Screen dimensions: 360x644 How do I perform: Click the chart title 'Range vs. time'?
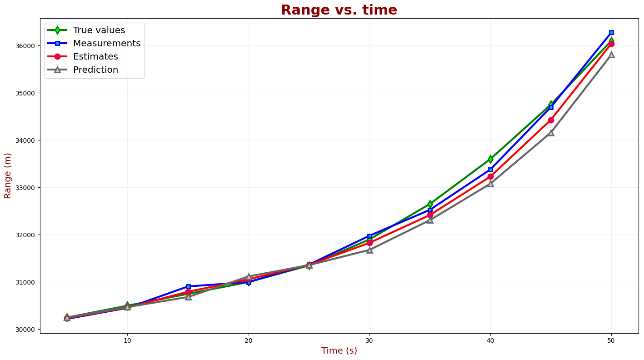point(339,10)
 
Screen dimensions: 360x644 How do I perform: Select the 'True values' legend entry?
point(99,30)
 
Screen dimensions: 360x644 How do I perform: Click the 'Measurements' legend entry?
point(106,44)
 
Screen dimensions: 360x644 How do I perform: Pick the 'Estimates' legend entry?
point(95,57)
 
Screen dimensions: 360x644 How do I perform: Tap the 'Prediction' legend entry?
point(95,70)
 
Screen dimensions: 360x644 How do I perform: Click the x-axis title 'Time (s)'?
point(339,351)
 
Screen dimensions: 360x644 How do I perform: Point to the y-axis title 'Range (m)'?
point(8,175)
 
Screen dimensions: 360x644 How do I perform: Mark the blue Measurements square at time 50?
point(611,33)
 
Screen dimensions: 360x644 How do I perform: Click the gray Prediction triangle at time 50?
point(611,55)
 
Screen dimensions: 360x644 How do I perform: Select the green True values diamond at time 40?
point(490,159)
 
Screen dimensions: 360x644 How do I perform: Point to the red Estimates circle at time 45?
point(551,120)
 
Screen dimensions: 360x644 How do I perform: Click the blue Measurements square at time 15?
point(188,287)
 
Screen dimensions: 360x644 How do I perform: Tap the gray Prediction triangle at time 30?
point(369,250)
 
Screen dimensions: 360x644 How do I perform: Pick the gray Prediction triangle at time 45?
point(551,133)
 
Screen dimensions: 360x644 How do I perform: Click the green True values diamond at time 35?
point(430,204)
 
